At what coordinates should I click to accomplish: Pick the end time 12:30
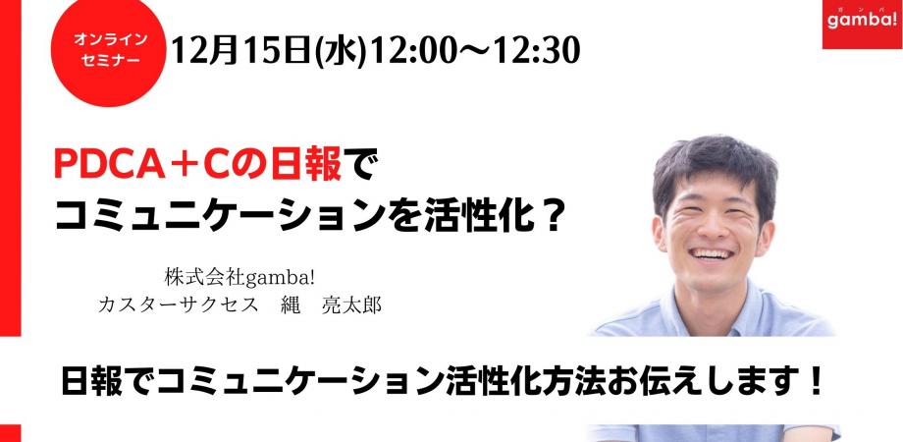click(x=534, y=49)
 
